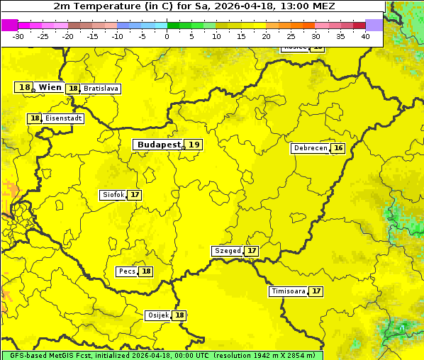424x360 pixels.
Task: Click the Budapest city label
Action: (x=159, y=145)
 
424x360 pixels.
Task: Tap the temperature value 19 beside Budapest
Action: (x=194, y=145)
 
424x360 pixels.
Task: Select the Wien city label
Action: (x=50, y=87)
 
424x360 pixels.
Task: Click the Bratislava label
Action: (x=100, y=89)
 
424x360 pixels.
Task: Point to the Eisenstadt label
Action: (x=63, y=118)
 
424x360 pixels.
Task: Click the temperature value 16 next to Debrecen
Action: (x=338, y=148)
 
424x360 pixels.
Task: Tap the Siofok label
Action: (x=113, y=195)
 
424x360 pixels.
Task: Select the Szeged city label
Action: (x=227, y=251)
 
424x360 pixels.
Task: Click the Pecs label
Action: (x=127, y=271)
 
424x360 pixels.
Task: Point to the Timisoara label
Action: (x=288, y=291)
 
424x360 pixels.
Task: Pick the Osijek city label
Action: (x=157, y=315)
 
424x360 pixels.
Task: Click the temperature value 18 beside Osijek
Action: (x=180, y=315)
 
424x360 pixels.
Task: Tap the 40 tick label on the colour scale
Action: (x=365, y=36)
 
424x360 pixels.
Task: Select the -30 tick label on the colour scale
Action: (x=18, y=36)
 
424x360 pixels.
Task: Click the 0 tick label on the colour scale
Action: (x=167, y=36)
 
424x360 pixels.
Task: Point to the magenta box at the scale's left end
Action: (x=9, y=25)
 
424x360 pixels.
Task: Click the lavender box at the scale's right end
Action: (x=374, y=25)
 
